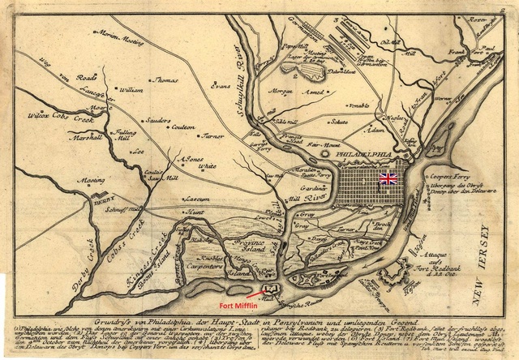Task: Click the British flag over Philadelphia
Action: [x=388, y=178]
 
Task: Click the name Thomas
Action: [x=165, y=80]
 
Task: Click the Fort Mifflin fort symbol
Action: [x=269, y=287]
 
